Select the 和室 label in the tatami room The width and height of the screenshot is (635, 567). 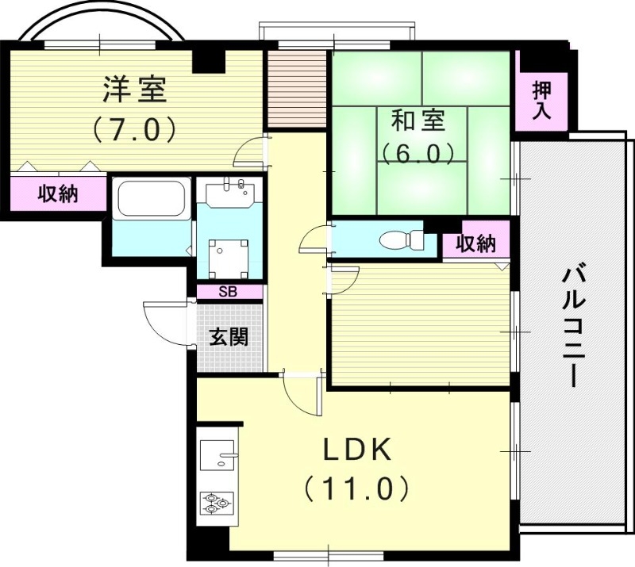tap(418, 121)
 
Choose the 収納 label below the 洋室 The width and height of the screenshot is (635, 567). tap(59, 193)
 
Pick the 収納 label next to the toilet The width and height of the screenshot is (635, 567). tap(475, 245)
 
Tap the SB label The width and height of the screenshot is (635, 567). tap(228, 292)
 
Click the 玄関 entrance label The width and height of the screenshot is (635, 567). tap(229, 338)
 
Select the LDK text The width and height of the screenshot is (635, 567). tap(356, 451)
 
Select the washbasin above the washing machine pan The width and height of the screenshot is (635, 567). tap(229, 192)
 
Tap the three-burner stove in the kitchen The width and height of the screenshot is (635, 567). tap(216, 501)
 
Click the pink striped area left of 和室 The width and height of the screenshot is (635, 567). tap(295, 89)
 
